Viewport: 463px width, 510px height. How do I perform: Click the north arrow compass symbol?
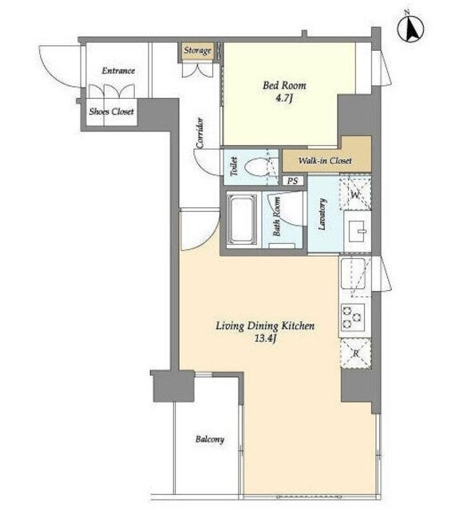tap(410, 28)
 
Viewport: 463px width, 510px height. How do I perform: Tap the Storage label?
tap(197, 50)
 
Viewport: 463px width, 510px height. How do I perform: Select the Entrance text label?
tap(118, 71)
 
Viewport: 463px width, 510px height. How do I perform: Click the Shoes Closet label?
tap(112, 112)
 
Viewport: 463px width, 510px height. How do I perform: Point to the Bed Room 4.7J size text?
tap(284, 98)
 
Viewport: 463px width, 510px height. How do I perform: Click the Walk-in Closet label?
tap(325, 160)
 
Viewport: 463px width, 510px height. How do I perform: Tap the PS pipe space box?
tap(293, 181)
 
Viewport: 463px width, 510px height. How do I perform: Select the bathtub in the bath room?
tap(241, 220)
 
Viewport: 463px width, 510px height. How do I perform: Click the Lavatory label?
tap(323, 214)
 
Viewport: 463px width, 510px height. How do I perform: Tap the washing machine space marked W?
tap(355, 193)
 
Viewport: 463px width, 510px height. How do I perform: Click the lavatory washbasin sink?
tap(357, 231)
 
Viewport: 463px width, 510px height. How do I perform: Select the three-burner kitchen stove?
tap(352, 317)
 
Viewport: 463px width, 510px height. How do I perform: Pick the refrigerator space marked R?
tap(356, 353)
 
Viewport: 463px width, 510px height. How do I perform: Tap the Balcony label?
tap(210, 439)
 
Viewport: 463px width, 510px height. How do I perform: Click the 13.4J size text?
tap(266, 339)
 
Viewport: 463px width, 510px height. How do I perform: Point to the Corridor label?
tap(200, 133)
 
